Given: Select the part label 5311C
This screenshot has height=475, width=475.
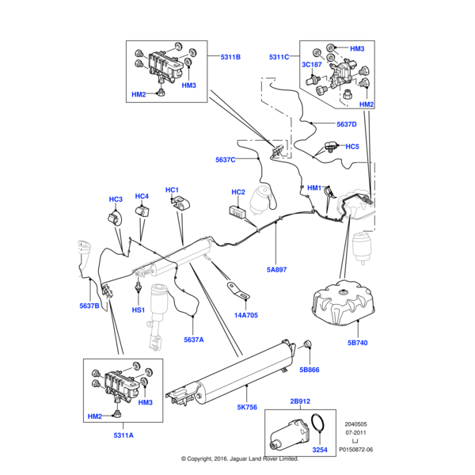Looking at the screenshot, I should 279,57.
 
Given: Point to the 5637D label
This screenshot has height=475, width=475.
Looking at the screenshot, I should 346,124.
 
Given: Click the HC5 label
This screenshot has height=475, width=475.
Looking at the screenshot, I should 351,146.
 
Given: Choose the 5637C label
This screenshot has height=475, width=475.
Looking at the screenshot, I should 226,160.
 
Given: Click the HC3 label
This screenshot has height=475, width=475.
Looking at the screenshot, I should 116,199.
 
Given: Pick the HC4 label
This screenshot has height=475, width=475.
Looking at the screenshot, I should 142,196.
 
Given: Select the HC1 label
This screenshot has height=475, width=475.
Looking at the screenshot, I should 173,191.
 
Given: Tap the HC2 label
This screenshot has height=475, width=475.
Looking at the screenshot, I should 238,192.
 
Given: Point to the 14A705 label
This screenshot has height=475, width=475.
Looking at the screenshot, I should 245,314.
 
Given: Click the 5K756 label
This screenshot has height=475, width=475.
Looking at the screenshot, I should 248,408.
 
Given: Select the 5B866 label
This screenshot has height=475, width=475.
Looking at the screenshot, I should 308,369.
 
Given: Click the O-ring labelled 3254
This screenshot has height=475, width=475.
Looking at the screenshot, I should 317,427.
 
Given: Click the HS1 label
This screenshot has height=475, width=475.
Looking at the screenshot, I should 138,310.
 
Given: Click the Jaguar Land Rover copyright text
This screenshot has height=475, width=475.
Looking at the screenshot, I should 239,458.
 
